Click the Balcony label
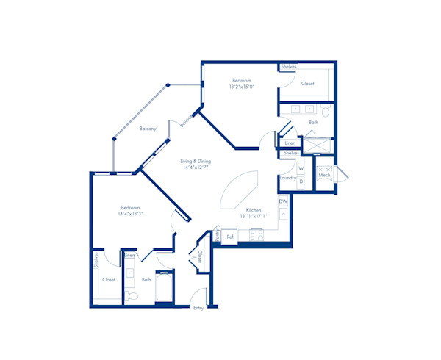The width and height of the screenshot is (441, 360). [x=148, y=129]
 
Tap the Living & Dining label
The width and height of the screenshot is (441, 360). [x=196, y=161]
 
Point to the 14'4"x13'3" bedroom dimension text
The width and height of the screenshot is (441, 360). [x=130, y=214]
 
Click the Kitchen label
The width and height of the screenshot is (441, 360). [x=254, y=209]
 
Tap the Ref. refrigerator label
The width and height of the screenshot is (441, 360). [x=230, y=237]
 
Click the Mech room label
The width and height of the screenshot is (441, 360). [x=324, y=176]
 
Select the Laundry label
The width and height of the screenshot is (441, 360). [x=287, y=177]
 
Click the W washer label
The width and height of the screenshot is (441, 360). [x=301, y=169]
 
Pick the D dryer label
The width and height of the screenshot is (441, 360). [x=301, y=181]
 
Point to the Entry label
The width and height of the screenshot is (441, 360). [x=198, y=308]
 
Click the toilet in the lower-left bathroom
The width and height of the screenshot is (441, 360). [x=132, y=295]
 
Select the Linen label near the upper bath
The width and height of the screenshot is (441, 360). [x=290, y=143]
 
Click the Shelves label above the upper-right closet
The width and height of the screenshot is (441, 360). [x=289, y=67]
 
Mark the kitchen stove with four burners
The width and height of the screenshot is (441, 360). [x=257, y=235]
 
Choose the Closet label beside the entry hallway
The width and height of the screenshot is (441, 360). [x=200, y=256]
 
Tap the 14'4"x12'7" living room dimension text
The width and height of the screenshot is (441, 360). [x=196, y=168]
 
